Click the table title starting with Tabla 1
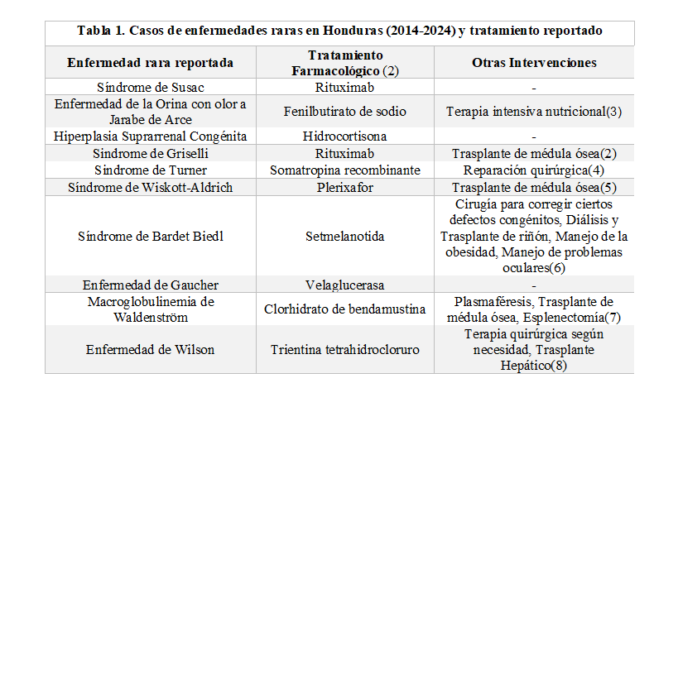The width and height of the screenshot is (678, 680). (339, 31)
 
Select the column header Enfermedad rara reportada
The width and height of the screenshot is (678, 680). (150, 63)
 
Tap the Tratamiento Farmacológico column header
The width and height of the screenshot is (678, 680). (345, 63)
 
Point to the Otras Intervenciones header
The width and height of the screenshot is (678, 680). (534, 63)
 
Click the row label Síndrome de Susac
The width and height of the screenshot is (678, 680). (150, 87)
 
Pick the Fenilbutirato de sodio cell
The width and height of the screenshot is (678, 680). (345, 111)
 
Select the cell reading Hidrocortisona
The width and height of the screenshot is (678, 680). (345, 136)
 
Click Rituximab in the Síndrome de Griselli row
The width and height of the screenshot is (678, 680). (345, 153)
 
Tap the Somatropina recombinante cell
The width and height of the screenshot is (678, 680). (345, 170)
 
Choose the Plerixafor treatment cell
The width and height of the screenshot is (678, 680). (345, 187)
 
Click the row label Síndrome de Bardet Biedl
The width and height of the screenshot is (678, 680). (150, 236)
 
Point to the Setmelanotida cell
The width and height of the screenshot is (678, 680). (345, 236)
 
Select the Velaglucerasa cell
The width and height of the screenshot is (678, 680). (345, 285)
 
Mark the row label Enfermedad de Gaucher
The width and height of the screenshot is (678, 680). (150, 285)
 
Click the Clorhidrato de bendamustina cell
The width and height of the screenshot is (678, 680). (345, 309)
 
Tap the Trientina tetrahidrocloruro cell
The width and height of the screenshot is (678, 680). (345, 349)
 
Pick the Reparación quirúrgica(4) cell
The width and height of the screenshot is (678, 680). (534, 170)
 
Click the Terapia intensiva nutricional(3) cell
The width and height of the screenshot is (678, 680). (534, 111)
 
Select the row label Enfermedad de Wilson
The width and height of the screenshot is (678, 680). (150, 349)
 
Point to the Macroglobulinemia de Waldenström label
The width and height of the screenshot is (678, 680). (150, 309)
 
